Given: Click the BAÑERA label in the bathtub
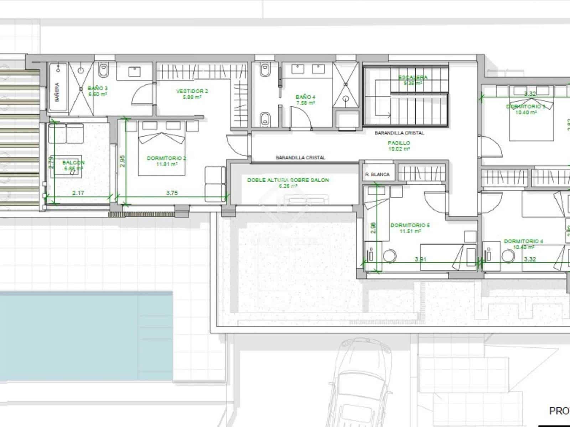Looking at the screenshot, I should (57, 92).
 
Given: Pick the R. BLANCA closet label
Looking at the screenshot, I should (377, 174).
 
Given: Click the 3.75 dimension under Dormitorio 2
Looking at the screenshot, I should (172, 193).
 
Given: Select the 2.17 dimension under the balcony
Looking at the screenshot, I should (78, 193).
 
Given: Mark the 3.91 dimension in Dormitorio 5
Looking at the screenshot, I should (420, 259).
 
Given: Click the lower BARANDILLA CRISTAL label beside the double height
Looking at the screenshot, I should (300, 157).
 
